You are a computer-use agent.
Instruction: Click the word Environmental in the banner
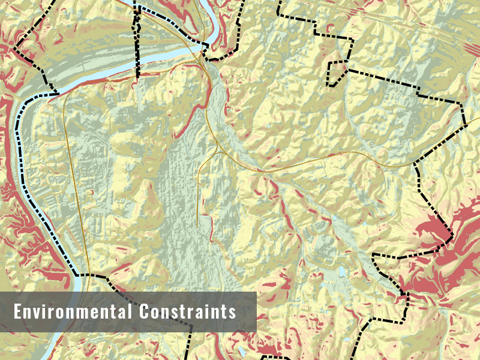73,312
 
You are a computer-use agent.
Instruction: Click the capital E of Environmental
18,312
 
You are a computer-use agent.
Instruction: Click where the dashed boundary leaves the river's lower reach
76,274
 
